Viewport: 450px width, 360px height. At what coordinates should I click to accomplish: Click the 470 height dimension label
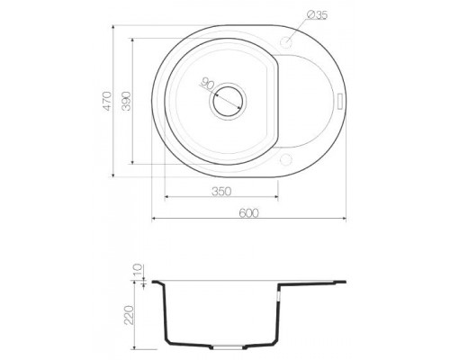coord(107,100)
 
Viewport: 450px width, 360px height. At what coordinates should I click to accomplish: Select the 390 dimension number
coord(126,102)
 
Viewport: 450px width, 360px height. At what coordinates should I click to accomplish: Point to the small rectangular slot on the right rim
coord(339,101)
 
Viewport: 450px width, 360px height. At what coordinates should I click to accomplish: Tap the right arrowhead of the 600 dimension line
coord(347,218)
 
